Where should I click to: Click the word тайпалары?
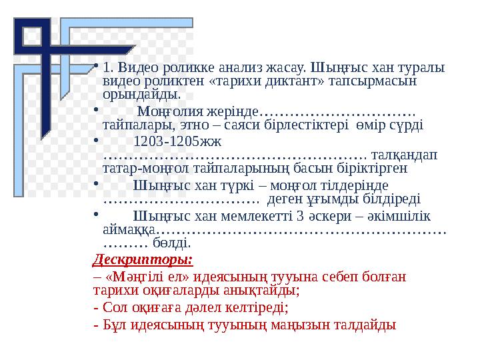tap(134, 124)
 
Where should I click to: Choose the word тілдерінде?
tap(354, 185)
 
